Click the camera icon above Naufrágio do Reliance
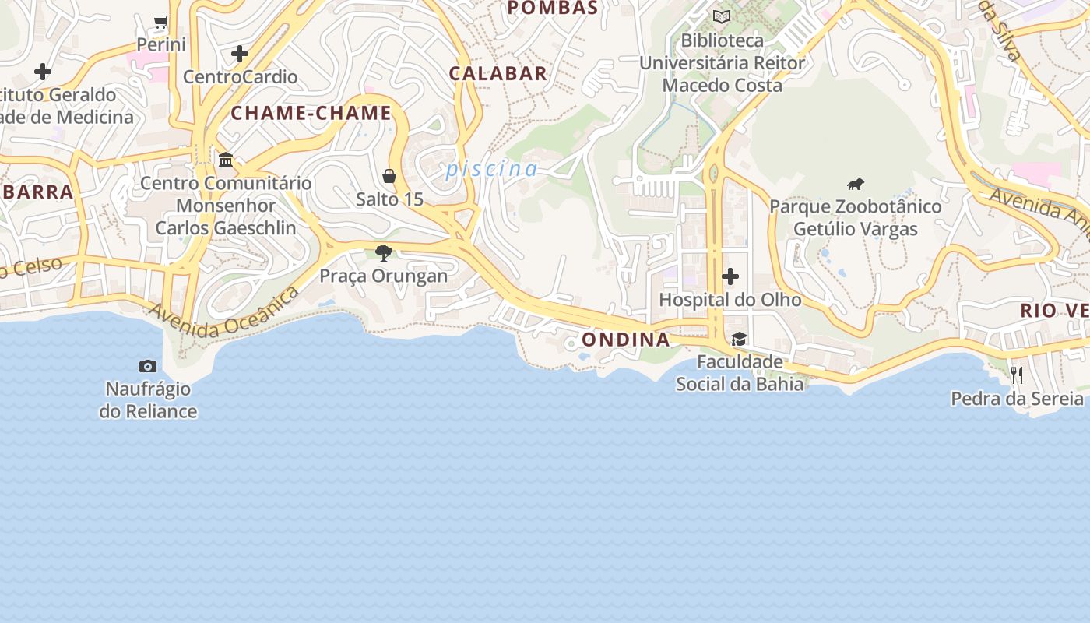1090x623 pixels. (x=148, y=366)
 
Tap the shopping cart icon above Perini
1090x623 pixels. (x=161, y=22)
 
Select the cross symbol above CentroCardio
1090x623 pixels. (x=240, y=54)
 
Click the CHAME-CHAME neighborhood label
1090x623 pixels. (x=311, y=113)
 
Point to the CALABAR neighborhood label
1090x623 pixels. (x=498, y=74)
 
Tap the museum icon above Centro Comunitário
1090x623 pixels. (x=226, y=160)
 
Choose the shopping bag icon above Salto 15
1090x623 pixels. (x=389, y=176)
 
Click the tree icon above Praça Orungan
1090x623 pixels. (x=383, y=252)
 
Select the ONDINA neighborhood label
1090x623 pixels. (x=625, y=340)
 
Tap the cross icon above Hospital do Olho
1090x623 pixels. (x=730, y=276)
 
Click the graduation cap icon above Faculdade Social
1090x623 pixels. (x=739, y=339)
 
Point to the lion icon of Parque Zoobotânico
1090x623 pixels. (x=856, y=185)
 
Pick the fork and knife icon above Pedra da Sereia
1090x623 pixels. (x=1017, y=375)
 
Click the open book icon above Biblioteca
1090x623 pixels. (x=722, y=16)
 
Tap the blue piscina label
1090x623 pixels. (x=491, y=169)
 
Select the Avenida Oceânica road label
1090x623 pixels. (x=223, y=313)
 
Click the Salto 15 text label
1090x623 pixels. (x=389, y=199)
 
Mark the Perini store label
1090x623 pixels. (x=161, y=44)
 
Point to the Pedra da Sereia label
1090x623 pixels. (x=1017, y=399)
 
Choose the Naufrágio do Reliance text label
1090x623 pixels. (x=148, y=399)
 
